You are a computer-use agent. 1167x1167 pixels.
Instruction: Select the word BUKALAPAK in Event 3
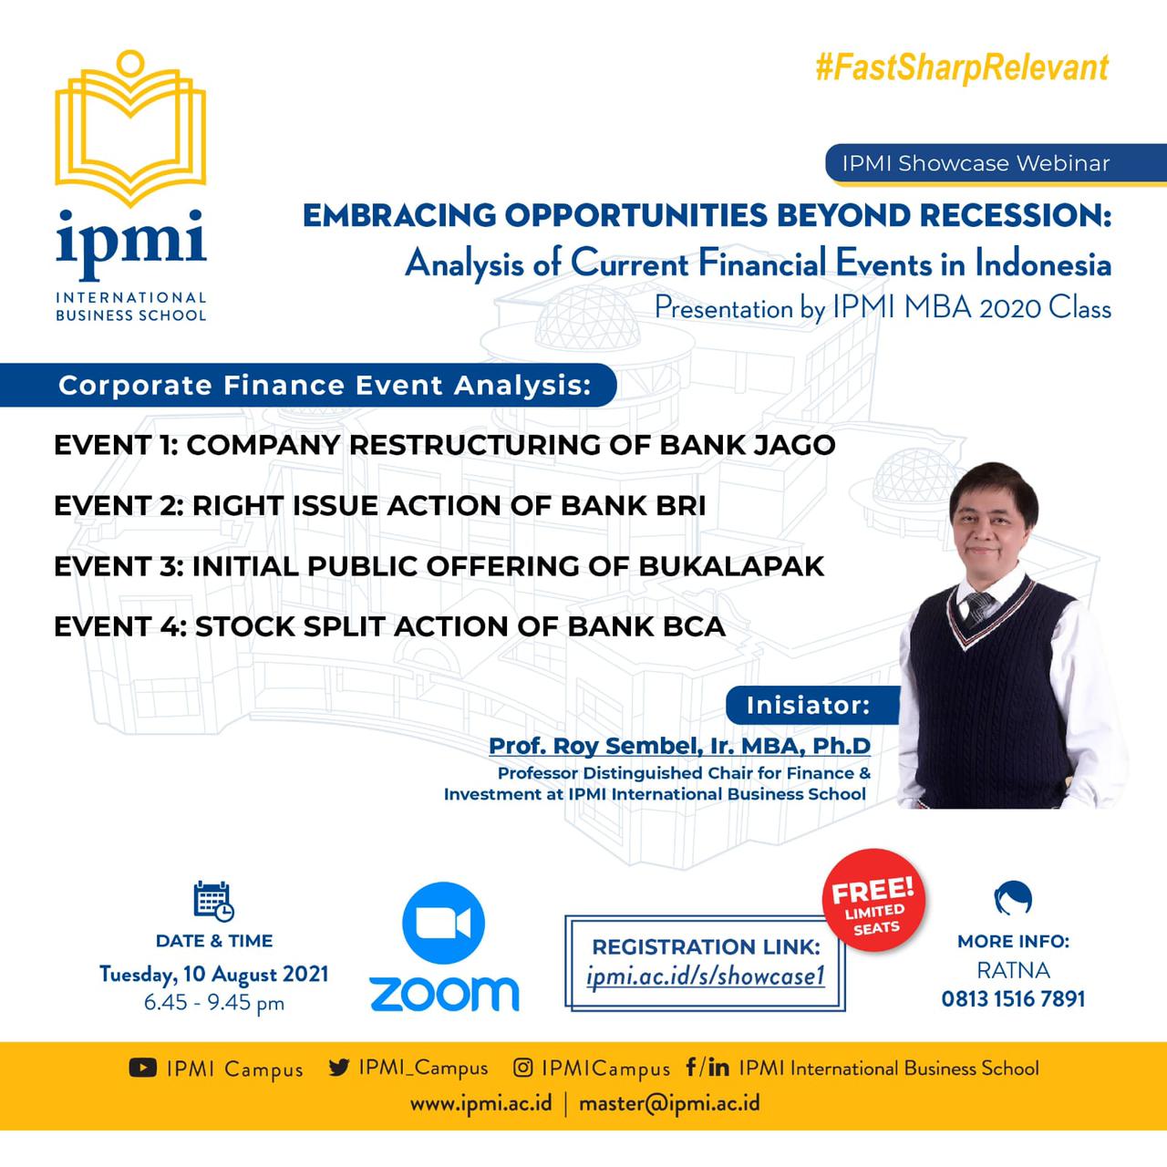pyautogui.click(x=731, y=566)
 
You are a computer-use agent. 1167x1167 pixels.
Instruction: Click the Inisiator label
pyautogui.click(x=808, y=705)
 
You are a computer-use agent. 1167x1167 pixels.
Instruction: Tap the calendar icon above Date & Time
pyautogui.click(x=213, y=902)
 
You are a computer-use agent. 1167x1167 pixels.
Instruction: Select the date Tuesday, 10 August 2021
pyautogui.click(x=213, y=974)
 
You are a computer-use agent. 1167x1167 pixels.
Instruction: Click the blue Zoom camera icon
pyautogui.click(x=444, y=923)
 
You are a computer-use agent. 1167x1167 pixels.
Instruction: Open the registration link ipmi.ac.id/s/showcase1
pyautogui.click(x=706, y=976)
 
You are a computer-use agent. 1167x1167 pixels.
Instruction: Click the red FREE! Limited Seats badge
pyautogui.click(x=873, y=900)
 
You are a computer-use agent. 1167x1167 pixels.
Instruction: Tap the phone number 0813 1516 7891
pyautogui.click(x=1013, y=998)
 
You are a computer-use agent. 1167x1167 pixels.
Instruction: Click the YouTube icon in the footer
pyautogui.click(x=143, y=1068)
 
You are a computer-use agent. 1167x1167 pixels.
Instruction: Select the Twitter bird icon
pyautogui.click(x=339, y=1067)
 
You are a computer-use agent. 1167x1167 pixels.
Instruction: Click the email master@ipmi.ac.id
pyautogui.click(x=669, y=1103)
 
